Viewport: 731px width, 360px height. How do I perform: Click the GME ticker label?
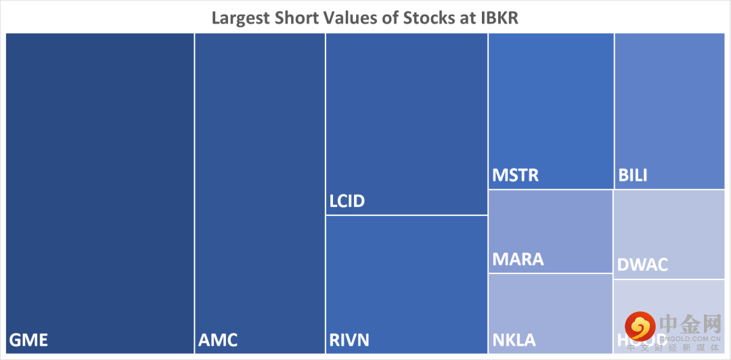click(28, 339)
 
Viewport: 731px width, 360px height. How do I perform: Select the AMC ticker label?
click(218, 339)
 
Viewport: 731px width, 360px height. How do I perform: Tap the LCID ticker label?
click(347, 201)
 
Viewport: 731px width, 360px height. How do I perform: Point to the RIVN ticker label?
click(349, 339)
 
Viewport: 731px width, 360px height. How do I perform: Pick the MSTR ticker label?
click(515, 175)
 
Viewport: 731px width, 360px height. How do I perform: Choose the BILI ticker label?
click(633, 175)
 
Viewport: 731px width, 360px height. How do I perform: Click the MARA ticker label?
click(518, 259)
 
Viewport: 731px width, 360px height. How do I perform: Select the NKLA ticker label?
click(514, 339)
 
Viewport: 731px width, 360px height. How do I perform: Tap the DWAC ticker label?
click(642, 265)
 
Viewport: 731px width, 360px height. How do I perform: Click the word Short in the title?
click(298, 17)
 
